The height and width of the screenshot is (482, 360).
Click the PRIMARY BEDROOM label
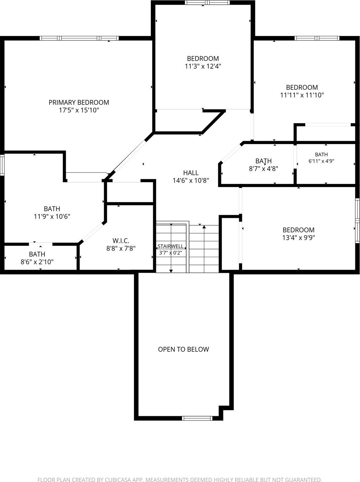click(x=79, y=102)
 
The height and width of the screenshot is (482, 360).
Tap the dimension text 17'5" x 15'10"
click(x=79, y=110)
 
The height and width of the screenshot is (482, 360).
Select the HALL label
click(x=191, y=173)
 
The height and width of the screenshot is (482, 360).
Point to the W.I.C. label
click(x=121, y=241)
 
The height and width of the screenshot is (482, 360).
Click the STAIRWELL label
click(x=171, y=246)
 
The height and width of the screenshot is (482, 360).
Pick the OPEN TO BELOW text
click(x=183, y=349)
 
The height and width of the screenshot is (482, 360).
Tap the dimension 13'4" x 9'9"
click(x=299, y=238)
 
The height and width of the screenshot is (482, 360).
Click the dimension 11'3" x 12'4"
click(x=203, y=66)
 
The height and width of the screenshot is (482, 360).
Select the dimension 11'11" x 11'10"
click(x=302, y=95)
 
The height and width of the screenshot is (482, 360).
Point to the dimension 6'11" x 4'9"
click(x=321, y=161)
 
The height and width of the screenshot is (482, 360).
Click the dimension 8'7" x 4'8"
click(x=263, y=169)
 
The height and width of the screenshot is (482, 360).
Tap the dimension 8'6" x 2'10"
click(x=37, y=262)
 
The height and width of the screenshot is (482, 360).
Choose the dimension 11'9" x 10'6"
click(x=52, y=217)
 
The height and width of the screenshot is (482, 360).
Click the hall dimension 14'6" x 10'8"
click(x=191, y=180)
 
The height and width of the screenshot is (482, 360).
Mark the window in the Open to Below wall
click(x=197, y=418)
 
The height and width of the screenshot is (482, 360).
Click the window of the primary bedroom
click(x=79, y=38)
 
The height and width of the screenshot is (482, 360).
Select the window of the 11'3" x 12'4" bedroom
click(x=207, y=2)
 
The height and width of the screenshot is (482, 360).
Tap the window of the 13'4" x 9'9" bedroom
click(x=358, y=221)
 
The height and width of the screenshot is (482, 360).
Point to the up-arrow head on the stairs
click(x=204, y=227)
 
